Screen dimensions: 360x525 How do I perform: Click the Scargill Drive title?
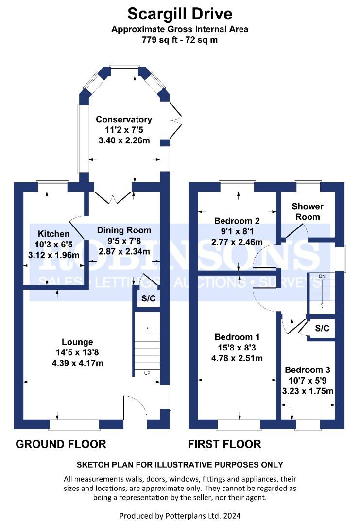coord(180,14)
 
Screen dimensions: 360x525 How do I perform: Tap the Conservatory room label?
coord(124,119)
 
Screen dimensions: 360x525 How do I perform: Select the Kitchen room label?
coord(53,234)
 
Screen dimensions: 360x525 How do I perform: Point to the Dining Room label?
coord(124,230)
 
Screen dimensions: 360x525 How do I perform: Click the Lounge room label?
coord(77,342)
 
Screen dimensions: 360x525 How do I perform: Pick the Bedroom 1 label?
coord(237,337)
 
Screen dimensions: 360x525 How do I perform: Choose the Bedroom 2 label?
coord(237,221)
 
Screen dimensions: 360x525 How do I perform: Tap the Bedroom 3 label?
coord(308,369)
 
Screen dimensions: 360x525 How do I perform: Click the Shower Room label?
coord(308,211)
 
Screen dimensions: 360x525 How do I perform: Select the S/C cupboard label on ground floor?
coord(149,298)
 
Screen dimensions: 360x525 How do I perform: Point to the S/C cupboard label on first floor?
coord(322,328)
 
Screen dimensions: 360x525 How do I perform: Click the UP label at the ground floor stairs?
coord(147,373)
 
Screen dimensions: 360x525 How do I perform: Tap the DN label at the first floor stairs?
coord(322,276)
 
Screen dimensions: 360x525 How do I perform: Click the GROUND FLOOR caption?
coord(61,444)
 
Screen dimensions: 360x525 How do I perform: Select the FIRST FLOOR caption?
coord(224,444)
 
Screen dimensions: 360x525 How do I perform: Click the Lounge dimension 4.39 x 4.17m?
coord(78,363)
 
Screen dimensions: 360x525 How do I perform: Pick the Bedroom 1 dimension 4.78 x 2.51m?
coord(237,358)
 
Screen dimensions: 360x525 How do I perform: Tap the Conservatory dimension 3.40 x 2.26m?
coord(124,140)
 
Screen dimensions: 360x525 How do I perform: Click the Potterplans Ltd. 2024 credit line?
coord(180,516)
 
